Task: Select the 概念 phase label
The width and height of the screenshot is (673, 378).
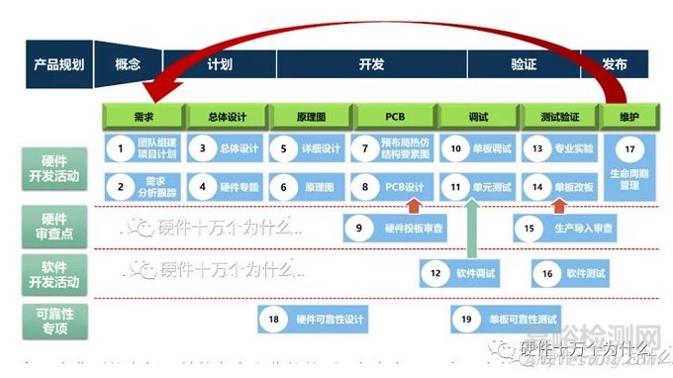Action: [129, 63]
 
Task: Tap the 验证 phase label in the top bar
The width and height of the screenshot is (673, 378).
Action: [524, 63]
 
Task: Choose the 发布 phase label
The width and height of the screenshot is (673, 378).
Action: [614, 63]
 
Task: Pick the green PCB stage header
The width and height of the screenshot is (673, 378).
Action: [394, 117]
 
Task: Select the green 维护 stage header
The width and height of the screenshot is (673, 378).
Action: [628, 117]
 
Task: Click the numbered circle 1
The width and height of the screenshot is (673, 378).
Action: [120, 150]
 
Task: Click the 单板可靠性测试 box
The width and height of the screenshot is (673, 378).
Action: [508, 319]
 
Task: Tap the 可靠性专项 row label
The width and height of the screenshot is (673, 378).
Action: [56, 317]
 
